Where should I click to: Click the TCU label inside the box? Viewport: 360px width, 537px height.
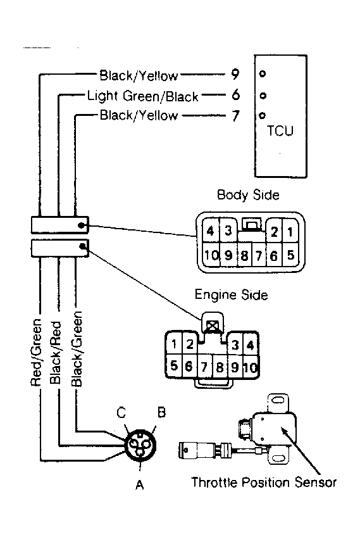tap(280, 131)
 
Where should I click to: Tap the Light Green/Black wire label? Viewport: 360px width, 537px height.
tap(143, 96)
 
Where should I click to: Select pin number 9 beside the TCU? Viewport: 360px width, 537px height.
tap(235, 74)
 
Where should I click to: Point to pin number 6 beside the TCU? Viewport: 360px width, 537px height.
tap(236, 95)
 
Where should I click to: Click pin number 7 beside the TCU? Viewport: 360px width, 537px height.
tap(235, 116)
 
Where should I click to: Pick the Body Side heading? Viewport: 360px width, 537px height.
tap(248, 195)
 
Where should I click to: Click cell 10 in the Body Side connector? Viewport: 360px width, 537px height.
tap(211, 255)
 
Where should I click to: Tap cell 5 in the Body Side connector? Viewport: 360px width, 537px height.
tap(291, 255)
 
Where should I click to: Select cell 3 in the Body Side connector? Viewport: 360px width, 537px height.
tap(228, 231)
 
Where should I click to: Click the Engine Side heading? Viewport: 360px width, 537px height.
tap(232, 294)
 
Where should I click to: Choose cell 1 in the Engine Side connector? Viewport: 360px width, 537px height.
tap(174, 343)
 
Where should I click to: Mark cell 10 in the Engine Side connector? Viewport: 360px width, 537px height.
tap(251, 367)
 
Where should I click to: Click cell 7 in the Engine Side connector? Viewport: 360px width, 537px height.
tap(204, 367)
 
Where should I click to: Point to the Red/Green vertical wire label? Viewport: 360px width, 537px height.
tap(36, 352)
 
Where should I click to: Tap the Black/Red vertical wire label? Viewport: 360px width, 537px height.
tap(56, 353)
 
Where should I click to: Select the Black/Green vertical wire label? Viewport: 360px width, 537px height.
tap(77, 349)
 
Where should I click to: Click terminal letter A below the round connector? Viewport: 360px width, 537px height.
tap(140, 484)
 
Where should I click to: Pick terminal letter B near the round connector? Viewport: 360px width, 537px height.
tap(161, 412)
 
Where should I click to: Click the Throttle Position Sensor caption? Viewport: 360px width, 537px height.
tap(264, 483)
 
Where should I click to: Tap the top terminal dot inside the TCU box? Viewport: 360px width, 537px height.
tap(263, 73)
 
